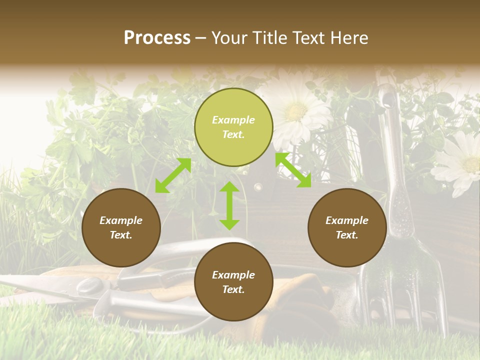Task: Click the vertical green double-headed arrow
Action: (x=229, y=205)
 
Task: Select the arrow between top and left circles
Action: (x=173, y=175)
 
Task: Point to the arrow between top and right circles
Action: (x=293, y=170)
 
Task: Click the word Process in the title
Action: (x=157, y=37)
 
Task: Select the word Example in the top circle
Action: (x=233, y=120)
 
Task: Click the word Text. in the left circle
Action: (x=121, y=235)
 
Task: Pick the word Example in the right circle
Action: (x=347, y=220)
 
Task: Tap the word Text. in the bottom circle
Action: (x=233, y=289)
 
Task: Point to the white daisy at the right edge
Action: (x=459, y=162)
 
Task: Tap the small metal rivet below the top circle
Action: (x=258, y=187)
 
